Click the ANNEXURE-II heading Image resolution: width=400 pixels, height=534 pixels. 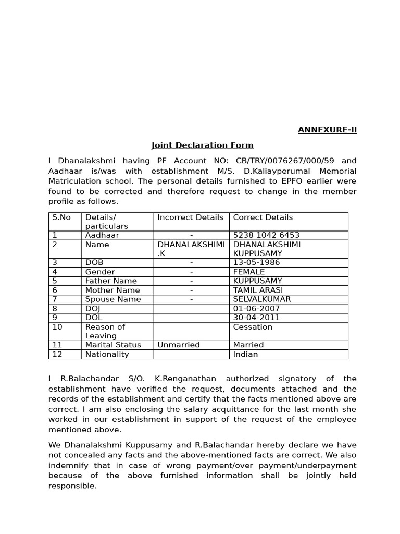pyautogui.click(x=327, y=130)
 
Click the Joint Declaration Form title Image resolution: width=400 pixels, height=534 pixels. pyautogui.click(x=202, y=145)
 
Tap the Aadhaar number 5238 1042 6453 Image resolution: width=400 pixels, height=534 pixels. pyautogui.click(x=266, y=235)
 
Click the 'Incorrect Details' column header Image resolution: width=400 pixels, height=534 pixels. pyautogui.click(x=190, y=217)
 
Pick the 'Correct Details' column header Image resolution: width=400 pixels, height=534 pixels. pyautogui.click(x=262, y=217)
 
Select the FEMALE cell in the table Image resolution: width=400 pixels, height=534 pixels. pyautogui.click(x=248, y=272)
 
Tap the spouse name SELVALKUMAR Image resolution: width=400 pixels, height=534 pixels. pyautogui.click(x=261, y=299)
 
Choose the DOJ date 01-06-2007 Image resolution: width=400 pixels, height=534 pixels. pyautogui.click(x=256, y=308)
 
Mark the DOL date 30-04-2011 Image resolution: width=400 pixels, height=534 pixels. pyautogui.click(x=256, y=318)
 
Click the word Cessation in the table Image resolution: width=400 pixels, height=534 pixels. pyautogui.click(x=253, y=327)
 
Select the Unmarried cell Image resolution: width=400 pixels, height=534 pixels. pyautogui.click(x=178, y=345)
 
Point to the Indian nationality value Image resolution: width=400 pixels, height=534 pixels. pyautogui.click(x=245, y=354)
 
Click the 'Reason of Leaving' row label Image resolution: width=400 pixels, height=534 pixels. pyautogui.click(x=105, y=331)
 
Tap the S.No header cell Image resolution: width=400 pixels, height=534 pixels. pyautogui.click(x=61, y=217)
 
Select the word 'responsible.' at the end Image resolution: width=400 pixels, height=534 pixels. pyautogui.click(x=72, y=486)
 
